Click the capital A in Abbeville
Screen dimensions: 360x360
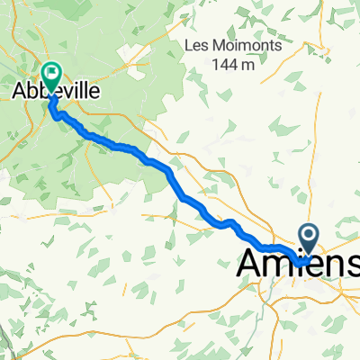[19, 91]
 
